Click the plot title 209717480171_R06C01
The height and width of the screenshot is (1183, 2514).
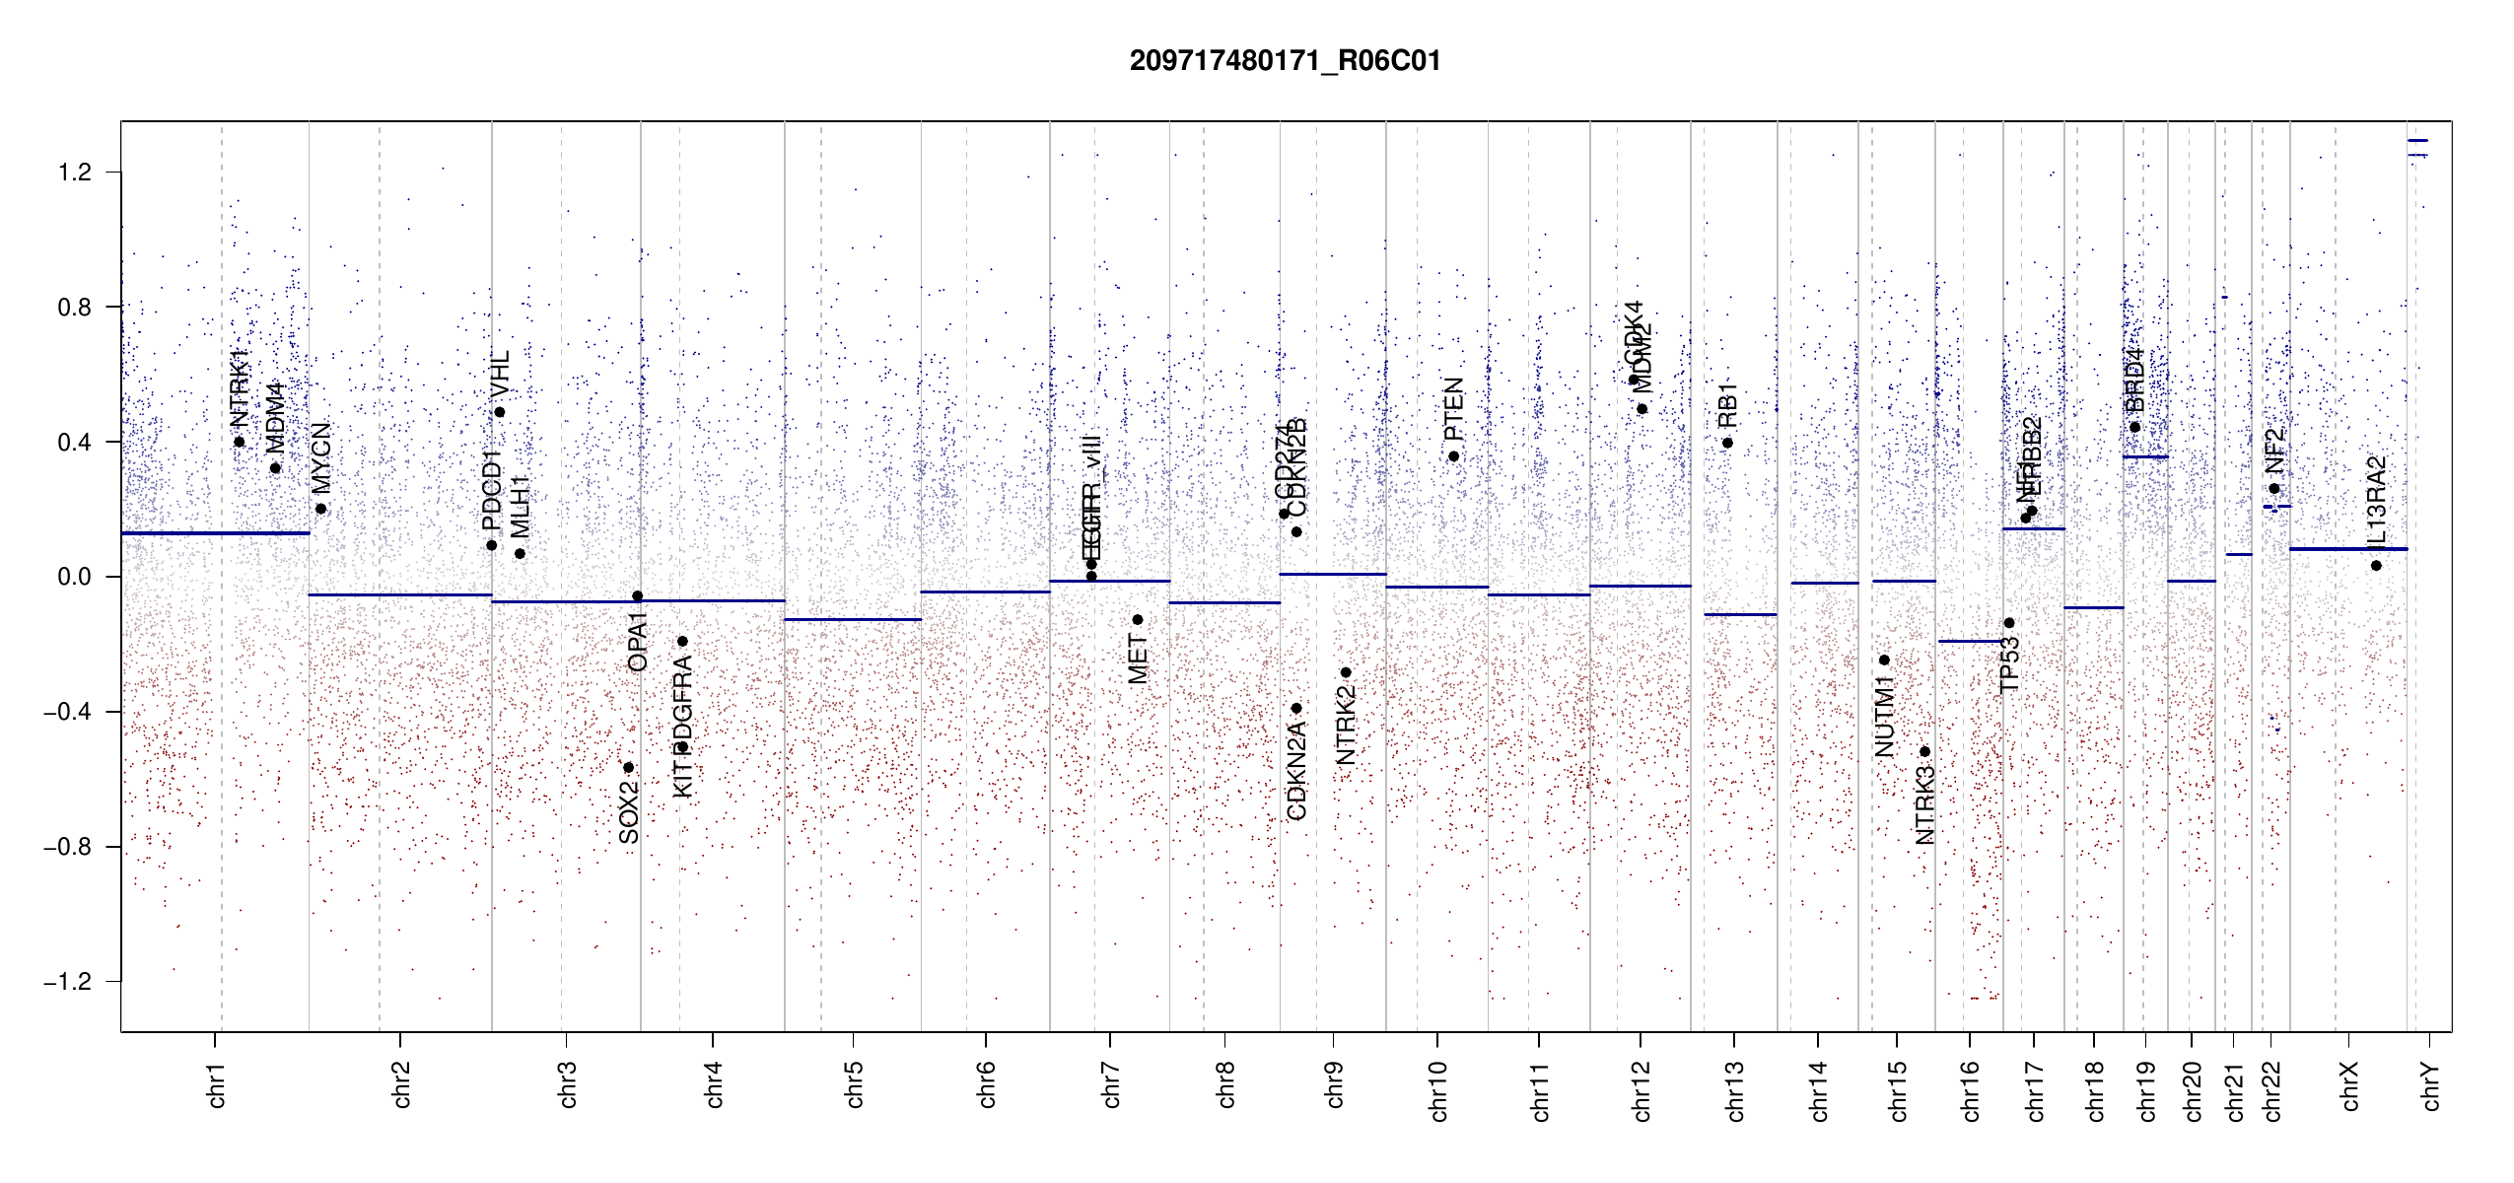tap(1285, 61)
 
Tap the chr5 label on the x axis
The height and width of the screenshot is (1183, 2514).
tap(854, 1084)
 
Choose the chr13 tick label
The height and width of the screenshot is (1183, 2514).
tap(1734, 1090)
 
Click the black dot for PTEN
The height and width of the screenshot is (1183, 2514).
tap(1453, 456)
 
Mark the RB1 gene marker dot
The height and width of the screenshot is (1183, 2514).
tap(1727, 443)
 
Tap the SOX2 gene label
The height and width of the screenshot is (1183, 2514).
tap(629, 812)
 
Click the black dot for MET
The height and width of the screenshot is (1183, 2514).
tap(1137, 620)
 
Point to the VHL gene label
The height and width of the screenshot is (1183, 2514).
tap(500, 374)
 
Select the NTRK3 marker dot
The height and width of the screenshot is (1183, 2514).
tap(1924, 752)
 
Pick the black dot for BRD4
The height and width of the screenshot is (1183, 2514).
tap(2134, 427)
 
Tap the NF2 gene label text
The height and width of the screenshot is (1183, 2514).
tap(2274, 452)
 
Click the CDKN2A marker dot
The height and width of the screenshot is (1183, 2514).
tap(1296, 708)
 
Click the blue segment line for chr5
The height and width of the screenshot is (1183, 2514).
tap(853, 619)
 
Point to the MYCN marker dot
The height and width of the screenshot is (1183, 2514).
tap(320, 509)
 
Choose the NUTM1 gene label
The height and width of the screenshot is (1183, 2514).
tap(1885, 717)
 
